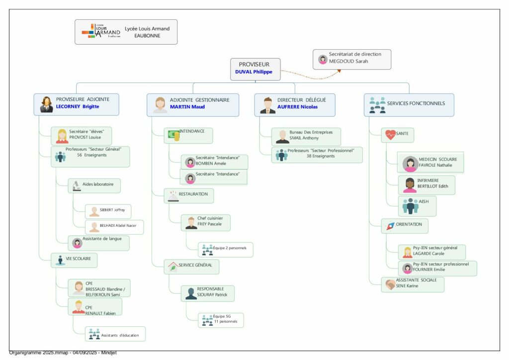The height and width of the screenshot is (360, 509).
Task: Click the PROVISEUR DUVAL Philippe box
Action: [x=255, y=69]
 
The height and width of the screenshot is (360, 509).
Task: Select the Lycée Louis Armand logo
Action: [x=101, y=30]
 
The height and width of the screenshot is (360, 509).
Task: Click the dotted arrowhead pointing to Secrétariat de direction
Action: [x=339, y=71]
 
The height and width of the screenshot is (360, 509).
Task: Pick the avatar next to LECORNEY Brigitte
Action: [x=47, y=104]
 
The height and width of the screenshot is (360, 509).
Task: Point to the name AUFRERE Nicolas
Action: [x=297, y=106]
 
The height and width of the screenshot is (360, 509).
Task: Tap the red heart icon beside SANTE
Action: [x=390, y=134]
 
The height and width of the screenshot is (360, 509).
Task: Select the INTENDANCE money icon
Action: [x=173, y=135]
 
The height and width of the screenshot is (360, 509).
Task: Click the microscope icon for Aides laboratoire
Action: [x=77, y=185]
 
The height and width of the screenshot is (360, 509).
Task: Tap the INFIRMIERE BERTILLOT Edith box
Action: [x=426, y=184]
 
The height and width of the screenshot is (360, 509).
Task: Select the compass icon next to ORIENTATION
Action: [x=390, y=226]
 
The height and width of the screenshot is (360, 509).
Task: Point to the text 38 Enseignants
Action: [x=321, y=156]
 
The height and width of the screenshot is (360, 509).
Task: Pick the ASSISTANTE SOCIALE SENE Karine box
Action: [x=413, y=283]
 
